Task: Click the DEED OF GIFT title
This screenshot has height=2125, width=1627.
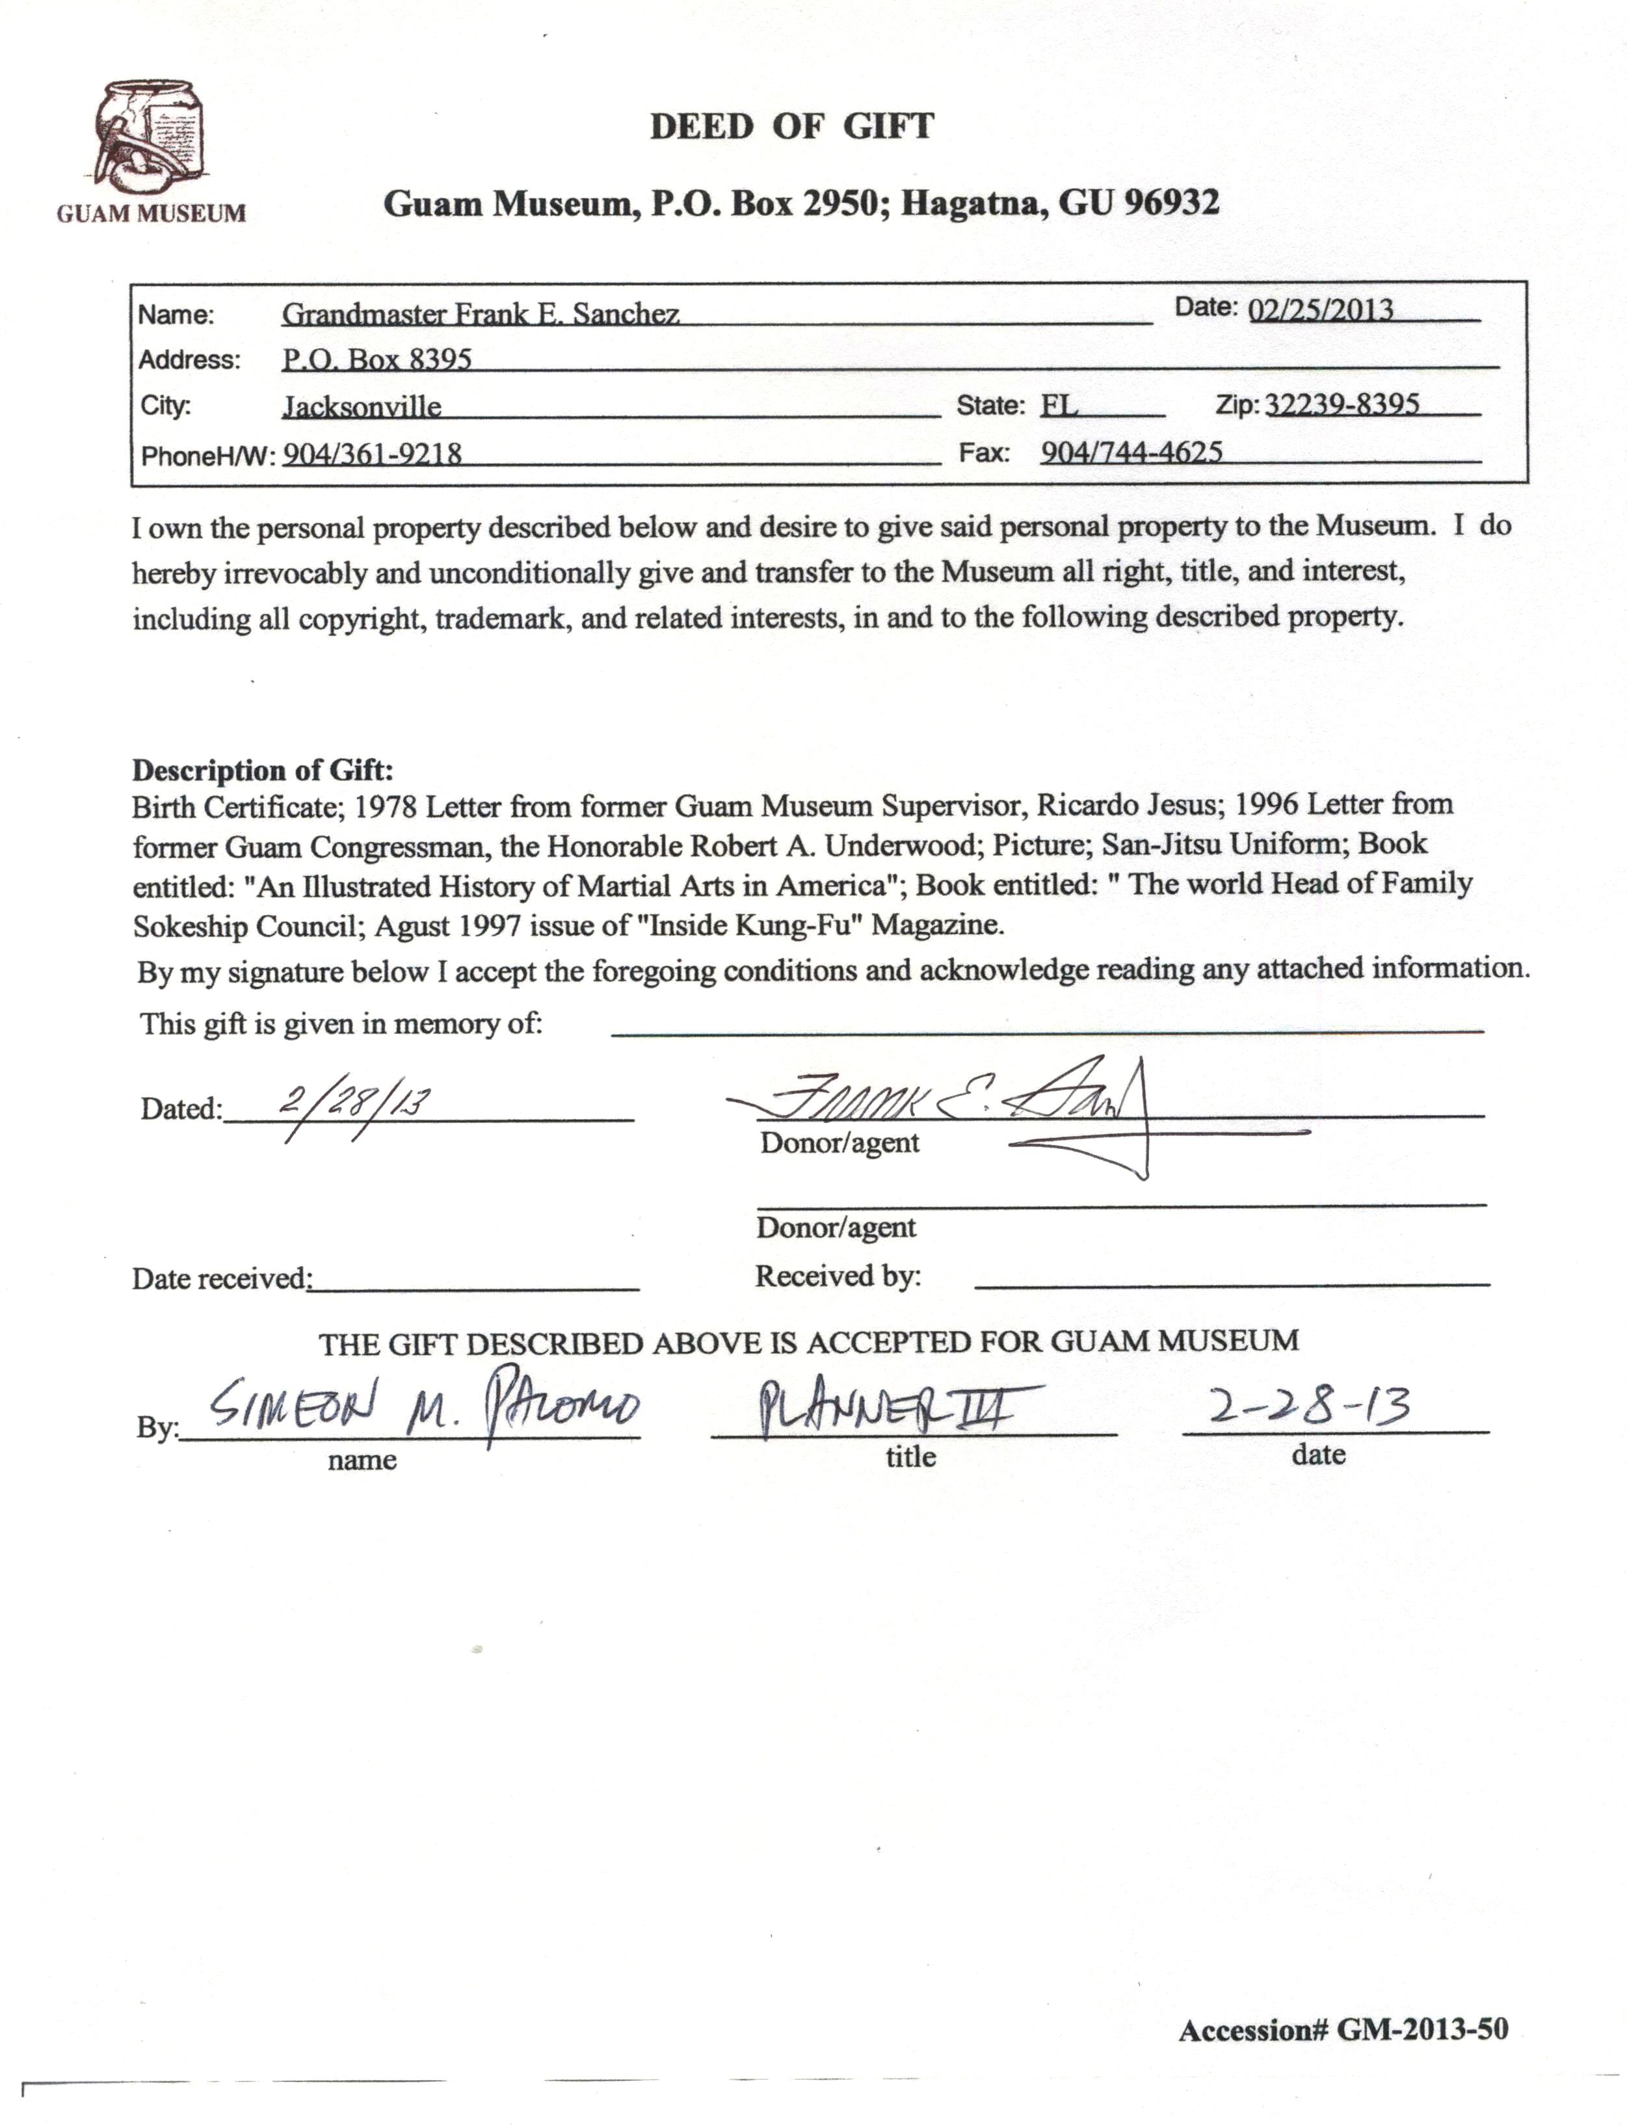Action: (x=791, y=127)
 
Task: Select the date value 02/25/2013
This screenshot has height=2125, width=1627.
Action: (x=1321, y=310)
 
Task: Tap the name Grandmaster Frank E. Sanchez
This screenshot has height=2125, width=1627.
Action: (x=481, y=314)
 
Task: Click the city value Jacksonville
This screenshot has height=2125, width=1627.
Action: (x=362, y=406)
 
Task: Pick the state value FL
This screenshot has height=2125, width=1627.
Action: (x=1059, y=405)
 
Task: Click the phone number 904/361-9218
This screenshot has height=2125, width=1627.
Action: (x=372, y=453)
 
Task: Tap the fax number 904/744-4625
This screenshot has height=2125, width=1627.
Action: (x=1131, y=451)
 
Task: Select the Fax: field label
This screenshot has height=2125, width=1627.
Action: (x=984, y=453)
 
